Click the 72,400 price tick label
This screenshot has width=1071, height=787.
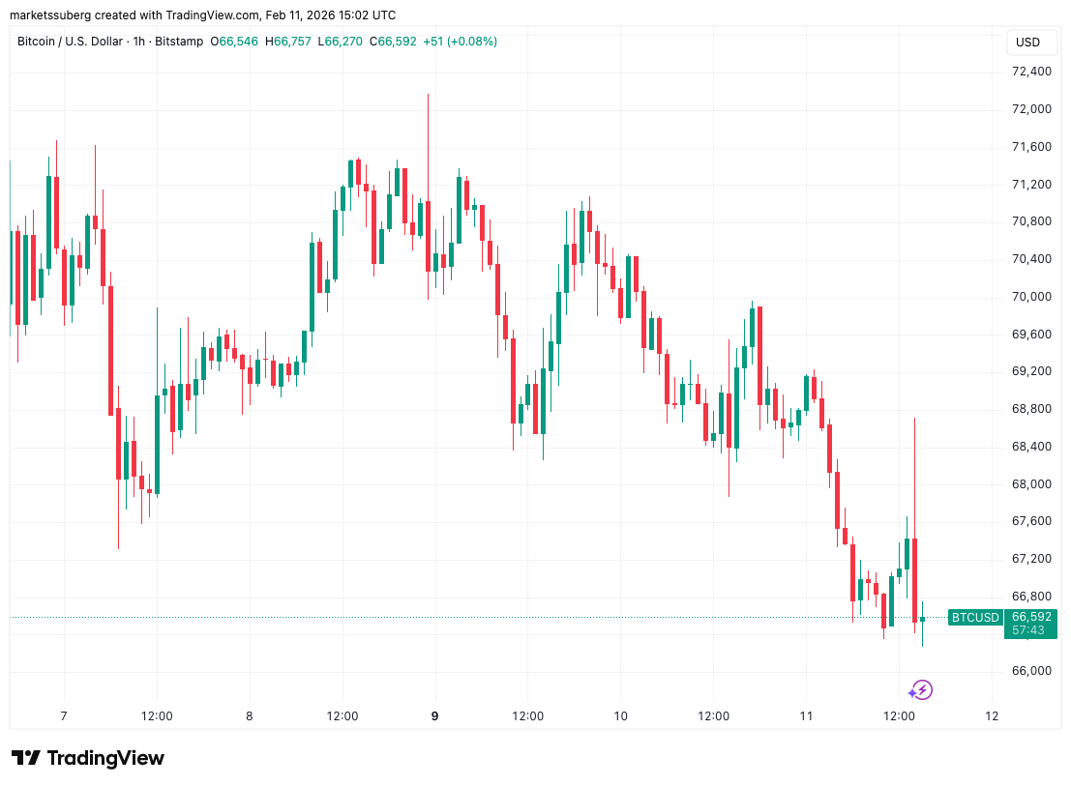point(1031,72)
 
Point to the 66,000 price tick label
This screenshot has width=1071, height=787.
point(1031,671)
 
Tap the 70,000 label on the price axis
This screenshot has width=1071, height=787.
point(1031,297)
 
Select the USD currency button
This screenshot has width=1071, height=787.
point(1027,43)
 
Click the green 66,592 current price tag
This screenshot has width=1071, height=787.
point(1031,616)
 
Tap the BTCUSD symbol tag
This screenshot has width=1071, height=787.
point(974,617)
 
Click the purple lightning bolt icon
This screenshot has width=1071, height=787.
point(920,690)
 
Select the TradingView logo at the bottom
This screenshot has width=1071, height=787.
point(88,758)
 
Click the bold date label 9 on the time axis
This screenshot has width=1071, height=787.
point(435,716)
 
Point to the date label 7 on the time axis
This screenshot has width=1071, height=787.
point(64,716)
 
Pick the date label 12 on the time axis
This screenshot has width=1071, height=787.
point(992,716)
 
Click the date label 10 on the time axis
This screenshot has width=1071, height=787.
point(620,716)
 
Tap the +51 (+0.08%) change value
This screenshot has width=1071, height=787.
point(460,42)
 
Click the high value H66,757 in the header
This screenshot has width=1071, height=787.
point(294,42)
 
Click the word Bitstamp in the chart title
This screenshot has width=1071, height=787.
point(180,42)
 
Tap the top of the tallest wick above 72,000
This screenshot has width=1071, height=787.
point(428,95)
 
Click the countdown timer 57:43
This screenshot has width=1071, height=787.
point(1027,629)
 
